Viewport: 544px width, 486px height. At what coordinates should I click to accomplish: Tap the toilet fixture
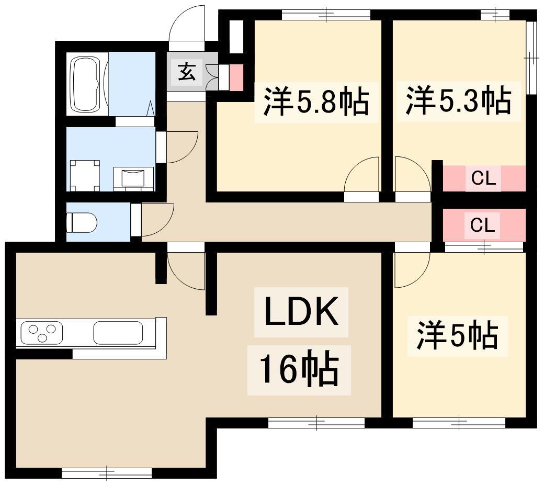tap(82, 222)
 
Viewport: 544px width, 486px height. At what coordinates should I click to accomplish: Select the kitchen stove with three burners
tap(42, 333)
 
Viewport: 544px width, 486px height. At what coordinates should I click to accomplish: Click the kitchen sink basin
tap(118, 333)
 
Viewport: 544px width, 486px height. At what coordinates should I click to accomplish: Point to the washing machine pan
tap(85, 175)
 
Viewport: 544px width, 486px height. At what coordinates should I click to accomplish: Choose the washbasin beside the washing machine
tap(133, 178)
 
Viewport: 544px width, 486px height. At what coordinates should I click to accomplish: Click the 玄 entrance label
tap(187, 72)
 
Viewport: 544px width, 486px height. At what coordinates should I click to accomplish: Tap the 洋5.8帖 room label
tap(316, 102)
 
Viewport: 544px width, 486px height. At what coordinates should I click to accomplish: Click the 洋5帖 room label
tap(457, 336)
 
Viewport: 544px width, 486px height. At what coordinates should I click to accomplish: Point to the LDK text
tap(301, 311)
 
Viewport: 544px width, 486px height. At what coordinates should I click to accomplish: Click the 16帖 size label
tap(299, 370)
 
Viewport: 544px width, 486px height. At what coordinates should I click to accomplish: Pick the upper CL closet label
tap(483, 178)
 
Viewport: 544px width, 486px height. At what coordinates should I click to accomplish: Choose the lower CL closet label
tap(482, 225)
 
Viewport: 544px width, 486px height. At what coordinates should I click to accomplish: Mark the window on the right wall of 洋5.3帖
tap(530, 58)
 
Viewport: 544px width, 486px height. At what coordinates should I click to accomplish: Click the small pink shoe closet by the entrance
tap(236, 77)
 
